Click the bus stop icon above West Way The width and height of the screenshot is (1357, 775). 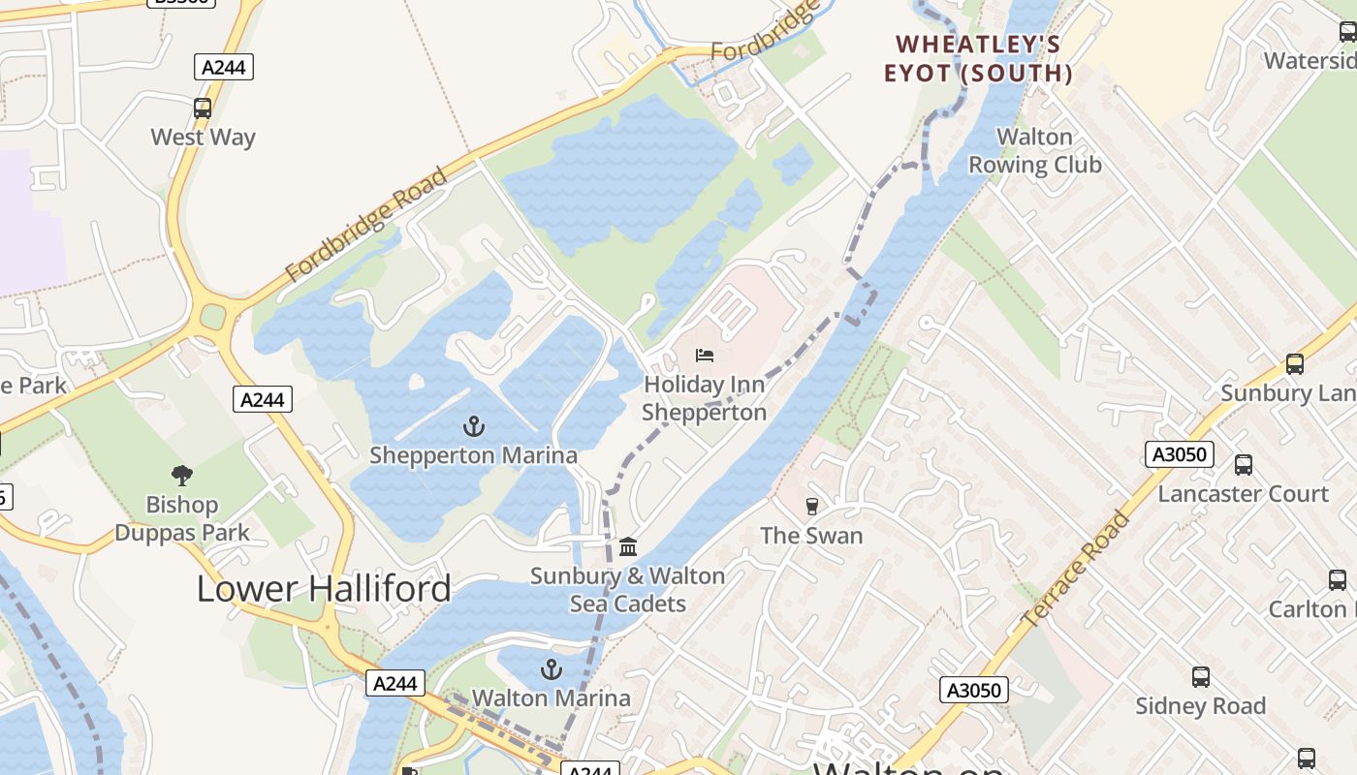[x=203, y=108]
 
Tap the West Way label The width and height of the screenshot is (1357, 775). [x=203, y=138]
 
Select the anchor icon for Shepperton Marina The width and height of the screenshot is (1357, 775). [x=473, y=425]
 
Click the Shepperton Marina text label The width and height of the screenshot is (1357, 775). [x=473, y=455]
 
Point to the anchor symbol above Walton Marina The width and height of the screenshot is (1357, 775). [x=551, y=669]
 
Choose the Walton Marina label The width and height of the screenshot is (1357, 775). [x=551, y=698]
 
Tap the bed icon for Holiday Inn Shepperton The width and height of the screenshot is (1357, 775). [x=705, y=356]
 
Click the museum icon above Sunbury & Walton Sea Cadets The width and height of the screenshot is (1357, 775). [x=628, y=547]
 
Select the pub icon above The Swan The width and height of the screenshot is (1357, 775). [x=811, y=506]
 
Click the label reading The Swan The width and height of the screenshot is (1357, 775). [x=811, y=536]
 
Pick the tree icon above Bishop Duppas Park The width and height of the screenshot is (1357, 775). [x=181, y=475]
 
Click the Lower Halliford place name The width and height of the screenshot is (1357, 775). [x=324, y=589]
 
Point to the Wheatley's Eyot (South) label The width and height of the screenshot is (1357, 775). [x=978, y=59]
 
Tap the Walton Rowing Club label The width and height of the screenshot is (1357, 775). [x=1035, y=151]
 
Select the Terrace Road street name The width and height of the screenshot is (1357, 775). [x=1075, y=568]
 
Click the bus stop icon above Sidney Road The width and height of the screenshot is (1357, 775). [x=1200, y=677]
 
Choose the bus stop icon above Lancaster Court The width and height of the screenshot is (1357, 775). [x=1244, y=465]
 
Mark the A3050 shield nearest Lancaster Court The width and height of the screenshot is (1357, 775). [x=1180, y=454]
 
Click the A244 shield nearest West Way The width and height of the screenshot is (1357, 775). [x=224, y=67]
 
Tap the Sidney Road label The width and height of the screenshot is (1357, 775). [x=1200, y=706]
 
